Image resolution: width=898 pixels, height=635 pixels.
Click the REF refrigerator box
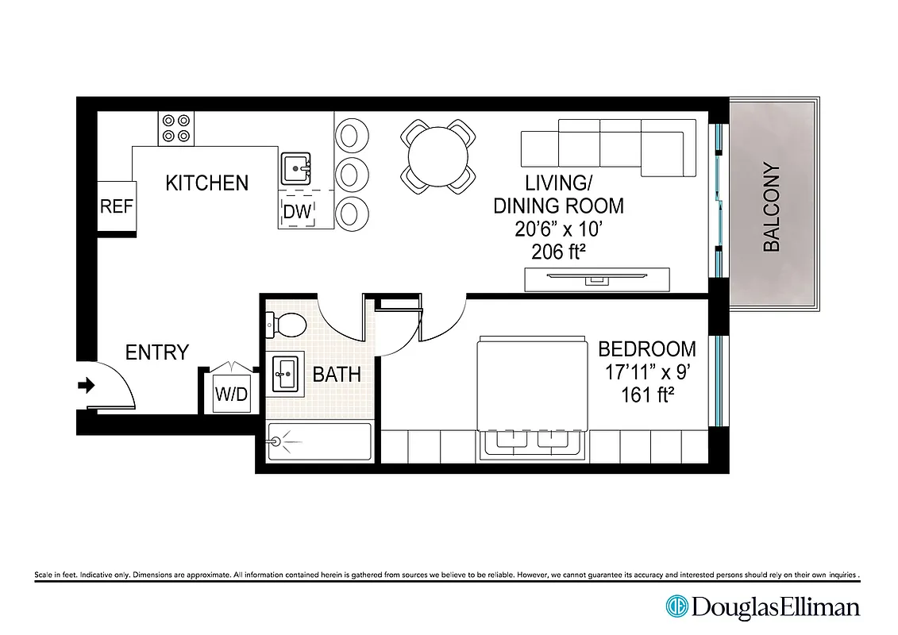(x=116, y=206)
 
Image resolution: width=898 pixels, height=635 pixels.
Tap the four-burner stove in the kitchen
(x=176, y=129)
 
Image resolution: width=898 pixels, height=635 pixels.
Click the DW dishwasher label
(x=298, y=211)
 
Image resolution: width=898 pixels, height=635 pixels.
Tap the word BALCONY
(x=772, y=208)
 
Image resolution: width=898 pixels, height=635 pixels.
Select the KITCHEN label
(x=206, y=183)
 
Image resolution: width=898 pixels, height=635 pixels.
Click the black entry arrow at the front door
(x=87, y=386)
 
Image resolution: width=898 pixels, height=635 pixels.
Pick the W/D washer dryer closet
(x=231, y=394)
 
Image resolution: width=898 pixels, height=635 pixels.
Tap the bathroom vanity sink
(x=286, y=373)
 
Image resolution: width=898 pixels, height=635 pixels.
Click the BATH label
(x=337, y=374)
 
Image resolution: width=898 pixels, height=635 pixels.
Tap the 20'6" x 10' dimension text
(x=558, y=229)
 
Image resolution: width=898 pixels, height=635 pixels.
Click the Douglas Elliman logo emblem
(x=676, y=606)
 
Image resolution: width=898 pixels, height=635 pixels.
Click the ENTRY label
(x=157, y=352)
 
